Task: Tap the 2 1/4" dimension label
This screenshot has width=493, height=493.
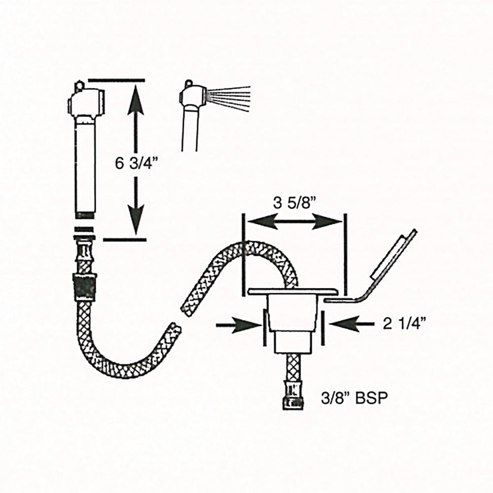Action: pos(404,323)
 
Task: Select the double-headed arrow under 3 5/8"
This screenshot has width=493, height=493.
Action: pos(294,223)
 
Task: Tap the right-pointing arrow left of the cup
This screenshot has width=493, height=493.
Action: pos(240,324)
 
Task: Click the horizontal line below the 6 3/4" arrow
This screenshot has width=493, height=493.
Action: pos(125,240)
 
